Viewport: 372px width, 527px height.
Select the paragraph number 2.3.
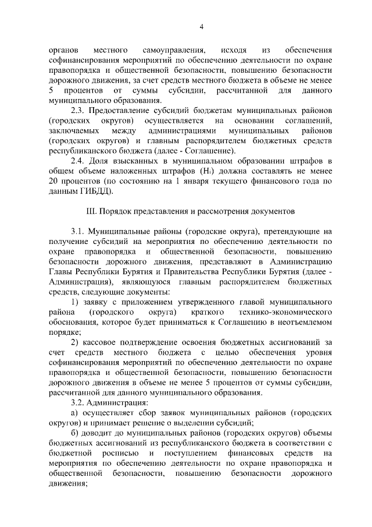point(78,111)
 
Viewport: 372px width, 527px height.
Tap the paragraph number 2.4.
point(78,161)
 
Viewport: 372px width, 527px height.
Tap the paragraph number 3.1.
point(78,231)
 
